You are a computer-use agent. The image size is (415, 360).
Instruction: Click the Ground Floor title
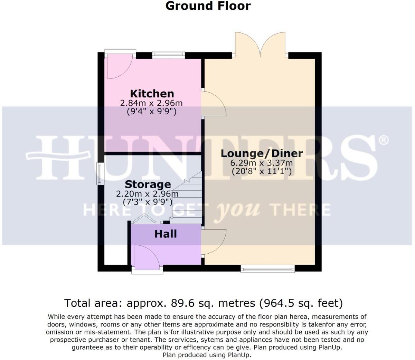coord(208,6)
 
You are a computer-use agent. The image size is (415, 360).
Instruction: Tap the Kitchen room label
coord(152,94)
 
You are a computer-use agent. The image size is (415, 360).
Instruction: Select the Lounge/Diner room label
coord(262,153)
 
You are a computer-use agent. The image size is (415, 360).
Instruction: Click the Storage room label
coord(148,184)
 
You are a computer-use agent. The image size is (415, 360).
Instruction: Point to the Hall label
coord(166,234)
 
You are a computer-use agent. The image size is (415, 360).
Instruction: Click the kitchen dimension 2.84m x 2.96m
coord(151,103)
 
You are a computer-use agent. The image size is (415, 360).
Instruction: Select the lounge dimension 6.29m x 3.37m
coord(262,163)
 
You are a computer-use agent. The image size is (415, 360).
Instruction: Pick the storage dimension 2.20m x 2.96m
coord(148,194)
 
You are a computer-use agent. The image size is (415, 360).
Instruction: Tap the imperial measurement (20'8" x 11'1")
coord(262,171)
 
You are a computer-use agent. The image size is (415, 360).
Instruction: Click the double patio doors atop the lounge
coord(260,45)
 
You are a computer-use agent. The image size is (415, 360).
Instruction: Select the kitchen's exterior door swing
coord(119,66)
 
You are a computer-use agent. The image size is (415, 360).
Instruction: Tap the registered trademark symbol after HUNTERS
coord(384,140)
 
